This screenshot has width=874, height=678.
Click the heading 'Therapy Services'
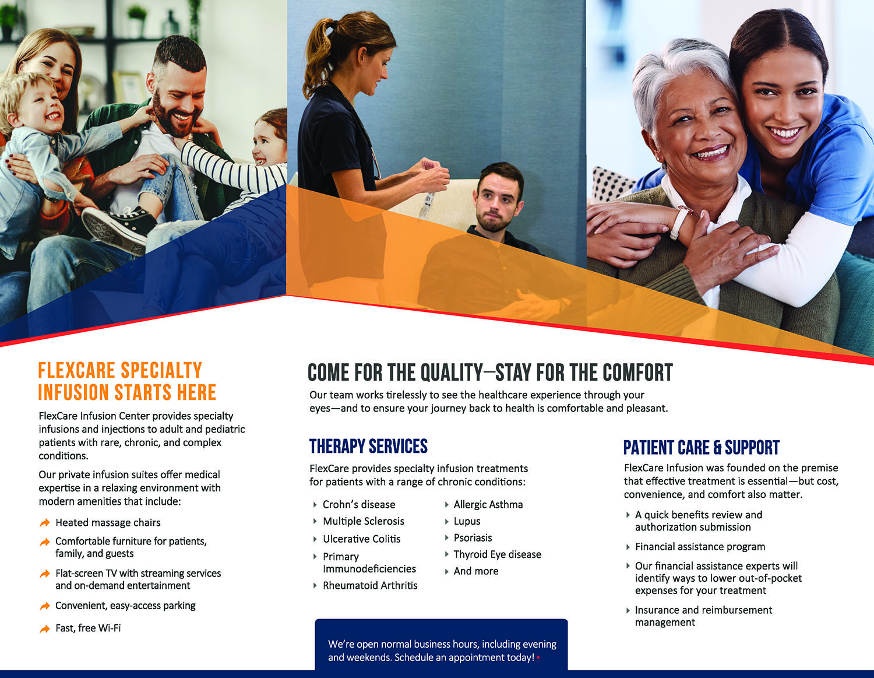[368, 446]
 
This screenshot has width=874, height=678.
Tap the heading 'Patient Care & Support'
[701, 448]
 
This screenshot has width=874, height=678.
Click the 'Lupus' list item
[467, 521]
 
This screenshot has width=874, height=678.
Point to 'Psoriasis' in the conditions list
[473, 538]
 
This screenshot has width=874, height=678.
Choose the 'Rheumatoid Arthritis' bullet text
[370, 585]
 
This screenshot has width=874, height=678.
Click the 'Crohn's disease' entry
[359, 504]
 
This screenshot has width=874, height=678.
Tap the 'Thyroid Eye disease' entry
[498, 554]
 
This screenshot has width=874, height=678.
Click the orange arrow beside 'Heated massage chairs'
[45, 522]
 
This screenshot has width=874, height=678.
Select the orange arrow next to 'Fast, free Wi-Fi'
[45, 628]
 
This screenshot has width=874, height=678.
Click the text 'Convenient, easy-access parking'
[125, 606]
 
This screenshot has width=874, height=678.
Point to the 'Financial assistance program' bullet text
[700, 546]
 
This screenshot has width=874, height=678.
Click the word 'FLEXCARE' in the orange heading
[77, 370]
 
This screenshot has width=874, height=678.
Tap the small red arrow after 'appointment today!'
[538, 658]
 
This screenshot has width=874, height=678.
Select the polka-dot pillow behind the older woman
[614, 183]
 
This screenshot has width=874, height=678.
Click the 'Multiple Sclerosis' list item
[364, 521]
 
